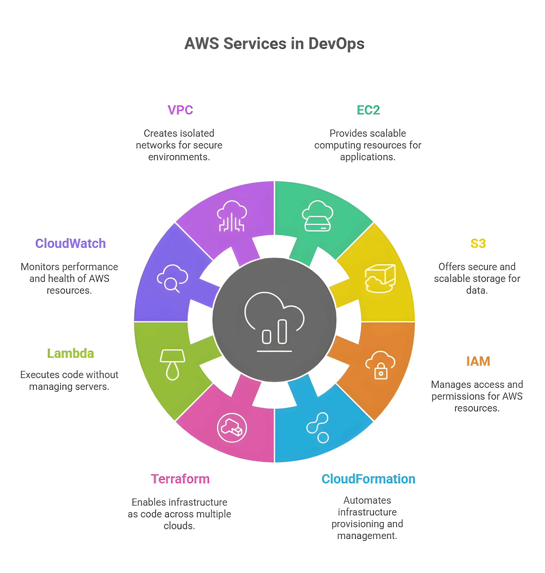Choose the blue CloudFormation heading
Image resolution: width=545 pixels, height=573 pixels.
[x=368, y=479]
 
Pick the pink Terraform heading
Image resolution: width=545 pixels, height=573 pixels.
[x=180, y=479]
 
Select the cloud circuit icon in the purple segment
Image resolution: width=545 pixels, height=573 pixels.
[x=231, y=216]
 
